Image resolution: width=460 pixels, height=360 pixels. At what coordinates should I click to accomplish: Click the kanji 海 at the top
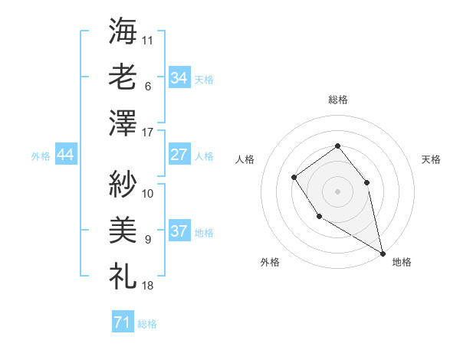(123, 31)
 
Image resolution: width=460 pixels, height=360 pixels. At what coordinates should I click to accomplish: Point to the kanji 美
(123, 228)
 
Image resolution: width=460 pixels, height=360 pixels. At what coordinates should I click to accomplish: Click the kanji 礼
(123, 274)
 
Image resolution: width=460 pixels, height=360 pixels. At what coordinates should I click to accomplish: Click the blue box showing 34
(179, 78)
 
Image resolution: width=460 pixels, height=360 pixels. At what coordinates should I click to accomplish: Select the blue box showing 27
(179, 155)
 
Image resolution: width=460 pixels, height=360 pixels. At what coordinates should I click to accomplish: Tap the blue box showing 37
(179, 231)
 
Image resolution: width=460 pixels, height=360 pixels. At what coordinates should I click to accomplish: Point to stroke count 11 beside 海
(148, 40)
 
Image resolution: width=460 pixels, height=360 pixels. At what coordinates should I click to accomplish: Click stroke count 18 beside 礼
(148, 286)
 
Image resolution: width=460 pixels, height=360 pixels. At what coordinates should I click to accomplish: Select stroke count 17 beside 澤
(148, 133)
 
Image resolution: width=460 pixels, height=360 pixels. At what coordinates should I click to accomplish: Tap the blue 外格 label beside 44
(41, 156)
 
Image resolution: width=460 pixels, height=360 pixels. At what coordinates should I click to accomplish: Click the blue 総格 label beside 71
(147, 324)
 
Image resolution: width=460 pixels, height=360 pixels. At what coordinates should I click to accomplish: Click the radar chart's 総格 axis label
(337, 100)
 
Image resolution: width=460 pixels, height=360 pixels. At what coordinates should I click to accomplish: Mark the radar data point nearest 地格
(383, 253)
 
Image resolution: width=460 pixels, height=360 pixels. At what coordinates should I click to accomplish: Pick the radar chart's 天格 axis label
(431, 159)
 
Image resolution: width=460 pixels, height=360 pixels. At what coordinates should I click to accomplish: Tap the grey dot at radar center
(337, 191)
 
